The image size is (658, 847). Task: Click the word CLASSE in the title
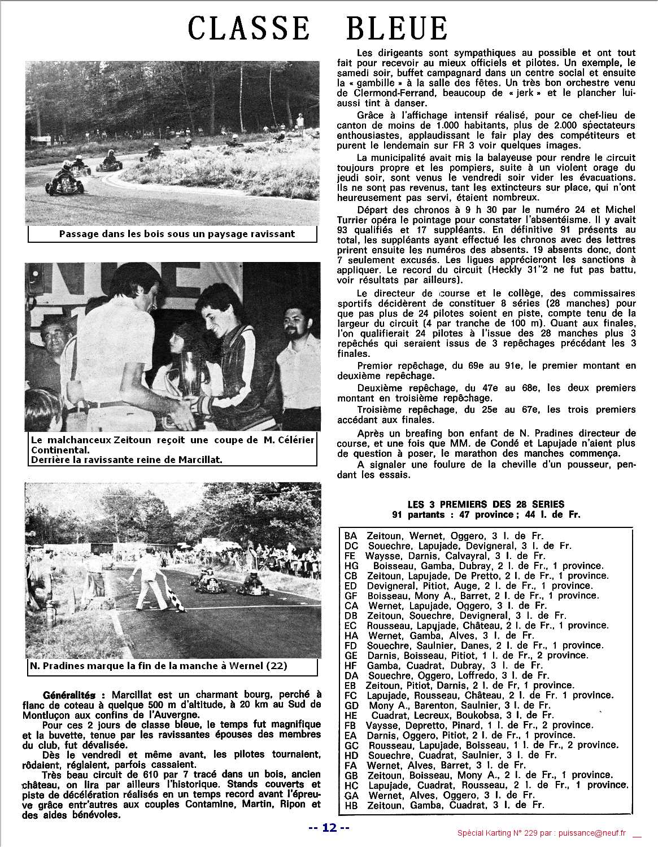(x=249, y=28)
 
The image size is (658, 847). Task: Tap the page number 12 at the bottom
(x=329, y=828)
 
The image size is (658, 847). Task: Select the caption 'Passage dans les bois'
(x=176, y=234)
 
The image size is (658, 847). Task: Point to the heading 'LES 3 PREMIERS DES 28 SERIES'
(x=486, y=504)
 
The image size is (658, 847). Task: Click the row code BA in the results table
(x=350, y=536)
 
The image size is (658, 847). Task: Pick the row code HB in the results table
(x=351, y=805)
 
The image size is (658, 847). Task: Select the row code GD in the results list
(x=351, y=705)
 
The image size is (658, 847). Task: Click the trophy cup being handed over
(x=190, y=373)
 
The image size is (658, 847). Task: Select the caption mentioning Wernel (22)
(x=158, y=666)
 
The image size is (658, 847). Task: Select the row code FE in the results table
(x=350, y=556)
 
